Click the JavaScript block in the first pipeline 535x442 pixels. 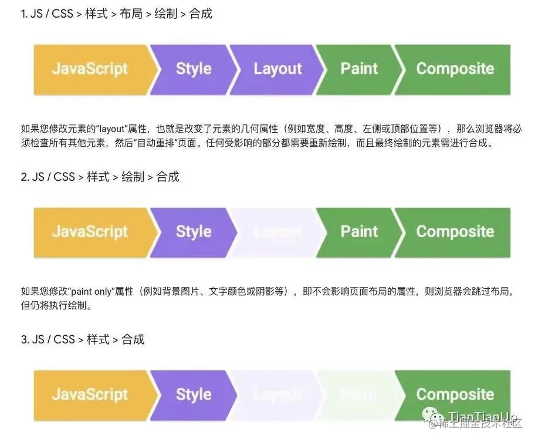coord(90,69)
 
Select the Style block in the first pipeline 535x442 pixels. coord(193,69)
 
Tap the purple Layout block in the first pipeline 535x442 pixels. coord(277,69)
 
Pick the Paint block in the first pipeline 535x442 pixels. coord(359,69)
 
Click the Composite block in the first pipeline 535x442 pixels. coord(455,69)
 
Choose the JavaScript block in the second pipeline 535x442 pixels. coord(90,231)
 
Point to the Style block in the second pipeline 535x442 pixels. coord(193,231)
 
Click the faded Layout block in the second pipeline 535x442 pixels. coord(277,231)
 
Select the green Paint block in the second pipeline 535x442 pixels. coord(359,231)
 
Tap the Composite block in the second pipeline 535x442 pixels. coord(455,231)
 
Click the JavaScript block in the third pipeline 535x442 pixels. coord(90,394)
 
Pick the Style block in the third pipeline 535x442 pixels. coord(193,394)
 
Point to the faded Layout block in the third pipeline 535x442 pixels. coord(277,394)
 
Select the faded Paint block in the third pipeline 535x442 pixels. coord(359,394)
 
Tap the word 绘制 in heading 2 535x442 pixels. coord(133,176)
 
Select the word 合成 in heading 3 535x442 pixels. coord(133,339)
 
